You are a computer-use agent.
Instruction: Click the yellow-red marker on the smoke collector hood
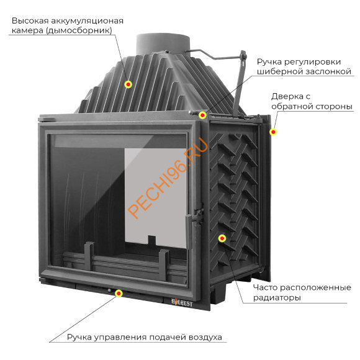pos(128,84)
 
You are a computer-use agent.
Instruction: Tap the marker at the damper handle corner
pos(202,115)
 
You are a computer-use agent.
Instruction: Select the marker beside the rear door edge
pos(273,132)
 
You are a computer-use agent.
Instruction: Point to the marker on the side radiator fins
pos(222,238)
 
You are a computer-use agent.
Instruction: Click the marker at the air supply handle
pos(119,293)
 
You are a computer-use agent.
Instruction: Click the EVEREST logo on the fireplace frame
pos(182,302)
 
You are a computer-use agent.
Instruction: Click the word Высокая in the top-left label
pos(30,20)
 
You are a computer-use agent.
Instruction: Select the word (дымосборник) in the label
pos(79,30)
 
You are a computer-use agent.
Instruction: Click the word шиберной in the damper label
pos(277,71)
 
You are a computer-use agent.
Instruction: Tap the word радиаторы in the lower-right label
pos(277,298)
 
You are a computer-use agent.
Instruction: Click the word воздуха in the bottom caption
pos(205,337)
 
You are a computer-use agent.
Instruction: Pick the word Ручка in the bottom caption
pos(79,337)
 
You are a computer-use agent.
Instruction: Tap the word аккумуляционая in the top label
pos(87,21)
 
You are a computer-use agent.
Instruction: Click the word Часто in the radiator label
pos(266,287)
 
